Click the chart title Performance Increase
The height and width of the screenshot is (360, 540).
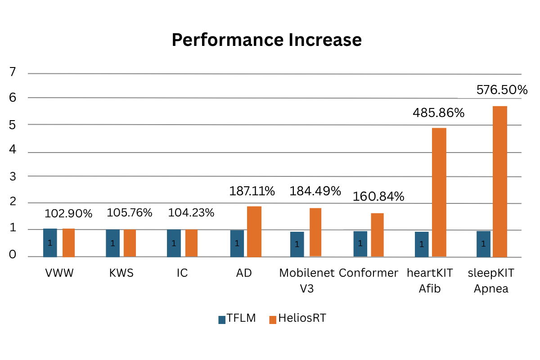click(x=266, y=40)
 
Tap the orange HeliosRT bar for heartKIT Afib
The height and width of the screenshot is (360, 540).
click(x=439, y=192)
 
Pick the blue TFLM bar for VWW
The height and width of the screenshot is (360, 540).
click(x=50, y=243)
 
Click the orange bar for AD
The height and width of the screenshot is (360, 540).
click(x=254, y=231)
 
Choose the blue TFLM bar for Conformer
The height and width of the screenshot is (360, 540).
click(x=360, y=244)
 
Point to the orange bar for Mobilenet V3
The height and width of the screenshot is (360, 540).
click(x=315, y=232)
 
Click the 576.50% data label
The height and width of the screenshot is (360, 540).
click(x=502, y=90)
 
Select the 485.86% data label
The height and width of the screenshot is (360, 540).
click(x=438, y=112)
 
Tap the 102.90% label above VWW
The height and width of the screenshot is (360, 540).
click(x=68, y=214)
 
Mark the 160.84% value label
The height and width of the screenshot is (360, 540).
click(x=378, y=197)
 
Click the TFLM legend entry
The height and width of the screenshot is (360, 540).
click(x=237, y=319)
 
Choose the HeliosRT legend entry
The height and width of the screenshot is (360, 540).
click(x=297, y=319)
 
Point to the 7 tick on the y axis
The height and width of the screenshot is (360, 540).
click(x=13, y=72)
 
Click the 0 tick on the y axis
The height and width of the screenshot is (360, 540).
click(x=13, y=255)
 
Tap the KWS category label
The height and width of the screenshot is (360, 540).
click(x=121, y=273)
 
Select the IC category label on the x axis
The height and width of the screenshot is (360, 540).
click(x=182, y=273)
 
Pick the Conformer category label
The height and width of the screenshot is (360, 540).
click(x=368, y=273)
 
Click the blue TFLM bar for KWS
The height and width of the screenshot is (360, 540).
click(x=112, y=243)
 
